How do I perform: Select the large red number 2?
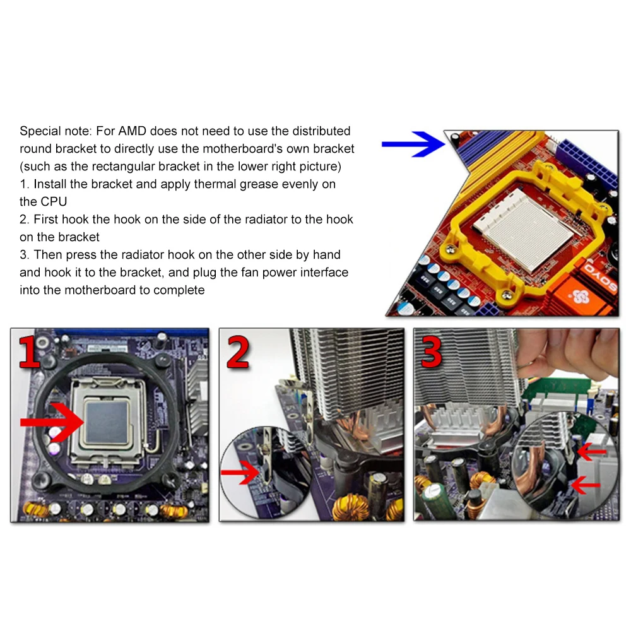click(238, 354)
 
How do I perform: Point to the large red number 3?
click(432, 354)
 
